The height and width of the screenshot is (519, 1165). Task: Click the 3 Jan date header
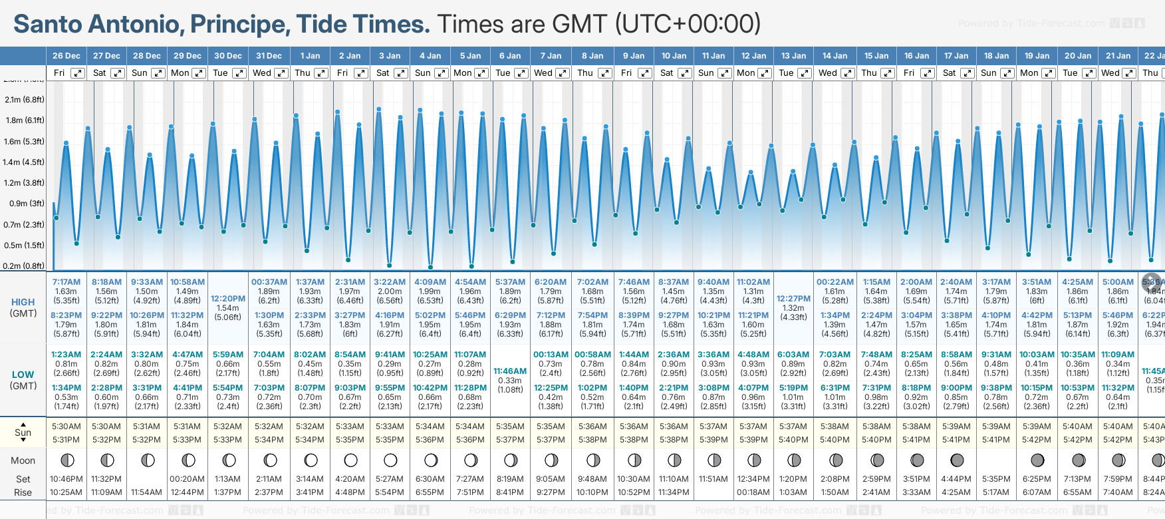tap(390, 56)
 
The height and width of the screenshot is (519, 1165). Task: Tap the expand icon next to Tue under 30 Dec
tap(239, 73)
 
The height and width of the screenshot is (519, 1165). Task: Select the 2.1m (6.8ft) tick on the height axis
tap(25, 100)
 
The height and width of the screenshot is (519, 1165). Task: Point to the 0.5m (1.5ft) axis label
tap(25, 245)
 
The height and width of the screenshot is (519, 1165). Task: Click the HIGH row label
tap(23, 302)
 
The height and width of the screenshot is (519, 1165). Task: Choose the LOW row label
tap(23, 375)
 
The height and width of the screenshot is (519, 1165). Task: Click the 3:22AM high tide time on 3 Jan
tap(390, 282)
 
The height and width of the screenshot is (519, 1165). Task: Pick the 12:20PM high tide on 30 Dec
tap(228, 299)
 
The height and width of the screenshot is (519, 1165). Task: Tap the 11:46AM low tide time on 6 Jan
tap(510, 371)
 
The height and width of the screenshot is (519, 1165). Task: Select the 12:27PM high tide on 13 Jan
tap(793, 299)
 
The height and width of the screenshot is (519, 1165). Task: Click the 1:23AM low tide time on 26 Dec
tap(66, 355)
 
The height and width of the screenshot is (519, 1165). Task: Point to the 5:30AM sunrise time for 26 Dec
tap(66, 427)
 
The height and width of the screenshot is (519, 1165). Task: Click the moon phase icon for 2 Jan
tap(350, 460)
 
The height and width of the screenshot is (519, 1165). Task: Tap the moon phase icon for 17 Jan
tap(957, 460)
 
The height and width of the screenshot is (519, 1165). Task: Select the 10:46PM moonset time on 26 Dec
tap(66, 479)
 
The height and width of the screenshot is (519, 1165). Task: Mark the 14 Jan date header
tap(835, 56)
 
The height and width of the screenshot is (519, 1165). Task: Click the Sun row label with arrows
tap(23, 432)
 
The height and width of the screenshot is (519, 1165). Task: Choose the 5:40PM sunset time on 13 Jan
tap(793, 440)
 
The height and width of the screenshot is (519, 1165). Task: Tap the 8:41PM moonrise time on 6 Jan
tap(510, 492)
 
